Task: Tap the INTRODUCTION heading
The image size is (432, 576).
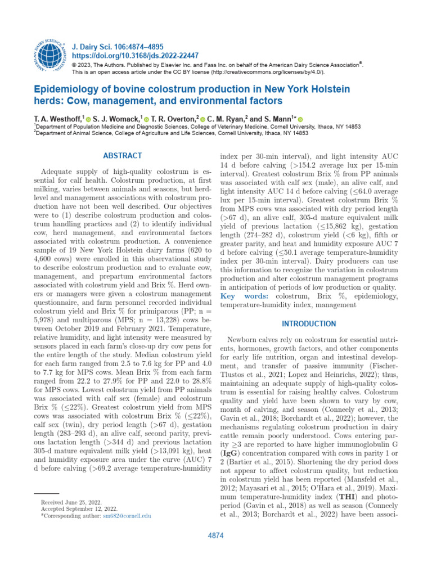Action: (309, 324)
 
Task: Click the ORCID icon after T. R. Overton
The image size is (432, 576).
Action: (202, 119)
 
